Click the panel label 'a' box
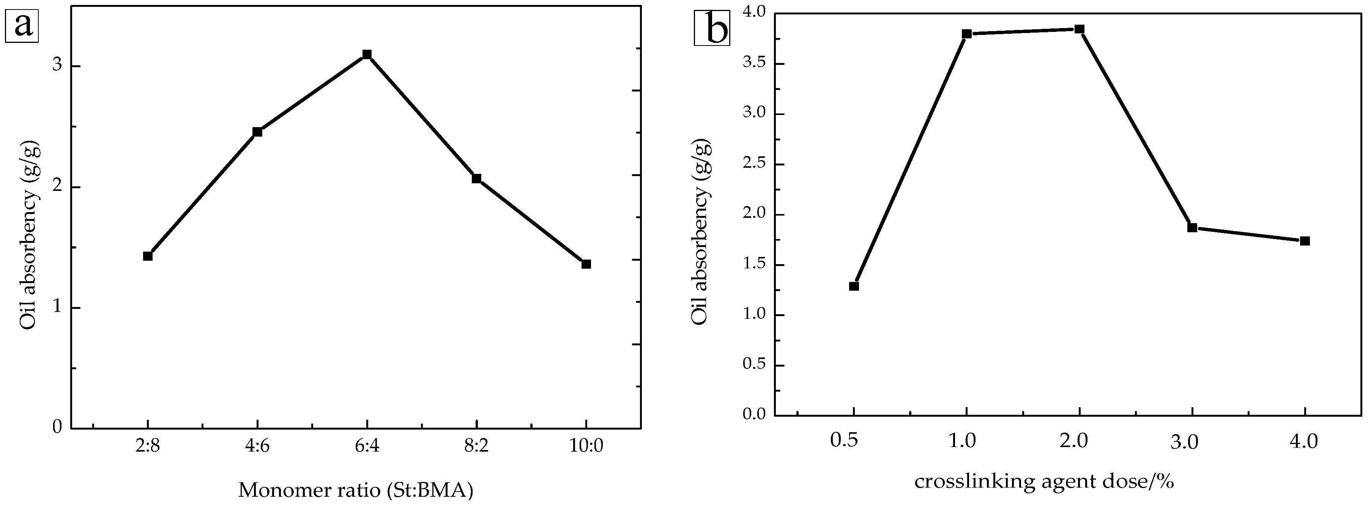22,25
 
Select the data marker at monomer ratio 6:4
366,54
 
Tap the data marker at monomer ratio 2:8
148,256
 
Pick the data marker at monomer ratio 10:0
586,264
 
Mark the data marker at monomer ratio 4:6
257,132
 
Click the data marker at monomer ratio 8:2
476,178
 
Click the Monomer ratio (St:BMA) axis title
355,490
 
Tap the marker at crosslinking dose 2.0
1079,29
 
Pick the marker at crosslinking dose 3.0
1192,227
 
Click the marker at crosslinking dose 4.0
1305,241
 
